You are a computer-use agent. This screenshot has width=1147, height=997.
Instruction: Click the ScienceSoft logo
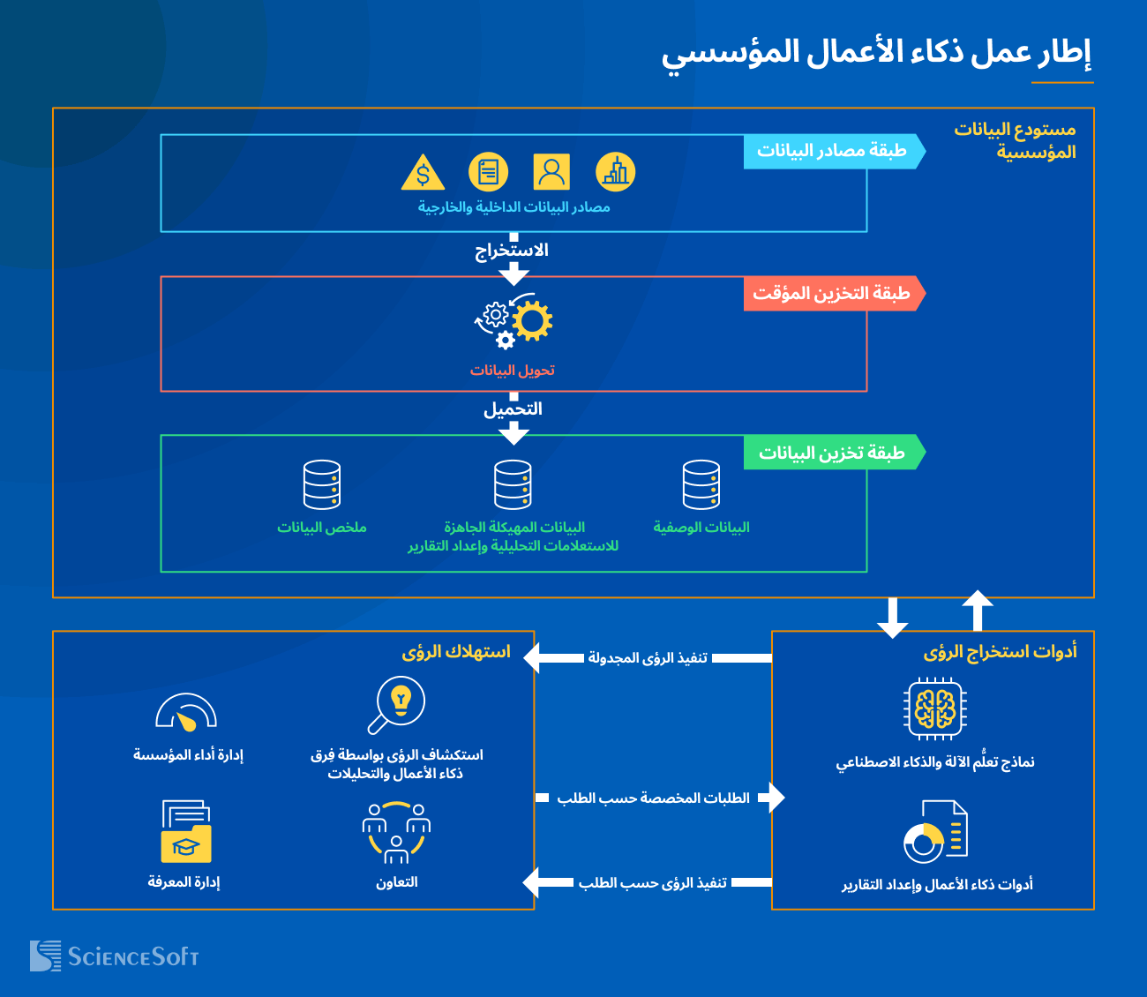click(115, 956)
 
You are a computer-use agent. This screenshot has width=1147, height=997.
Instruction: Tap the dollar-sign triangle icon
click(423, 174)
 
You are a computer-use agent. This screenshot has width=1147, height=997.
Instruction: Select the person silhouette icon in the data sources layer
click(551, 172)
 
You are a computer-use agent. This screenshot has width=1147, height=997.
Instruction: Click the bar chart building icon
click(615, 172)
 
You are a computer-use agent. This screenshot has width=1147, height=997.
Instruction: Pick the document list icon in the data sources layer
click(488, 172)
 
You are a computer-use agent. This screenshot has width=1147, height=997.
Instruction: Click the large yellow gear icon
click(532, 321)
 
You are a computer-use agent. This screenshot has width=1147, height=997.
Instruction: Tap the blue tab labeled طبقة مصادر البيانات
click(833, 151)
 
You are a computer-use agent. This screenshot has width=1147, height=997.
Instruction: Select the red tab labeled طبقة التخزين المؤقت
click(833, 293)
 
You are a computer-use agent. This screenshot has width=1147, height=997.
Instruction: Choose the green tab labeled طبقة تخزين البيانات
click(833, 453)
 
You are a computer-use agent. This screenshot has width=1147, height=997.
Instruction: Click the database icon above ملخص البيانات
click(322, 484)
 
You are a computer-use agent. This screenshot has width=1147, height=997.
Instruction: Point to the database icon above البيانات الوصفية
click(701, 484)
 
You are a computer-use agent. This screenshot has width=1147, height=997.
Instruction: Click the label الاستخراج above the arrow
click(512, 251)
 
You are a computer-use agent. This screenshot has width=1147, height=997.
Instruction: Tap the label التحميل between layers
click(513, 409)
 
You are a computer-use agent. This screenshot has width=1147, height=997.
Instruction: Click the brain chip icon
click(935, 708)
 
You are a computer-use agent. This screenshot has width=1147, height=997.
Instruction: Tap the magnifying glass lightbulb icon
click(396, 705)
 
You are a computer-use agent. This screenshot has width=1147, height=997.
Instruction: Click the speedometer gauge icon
click(186, 713)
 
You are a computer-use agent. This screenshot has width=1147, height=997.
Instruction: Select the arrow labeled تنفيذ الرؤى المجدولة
click(648, 658)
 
